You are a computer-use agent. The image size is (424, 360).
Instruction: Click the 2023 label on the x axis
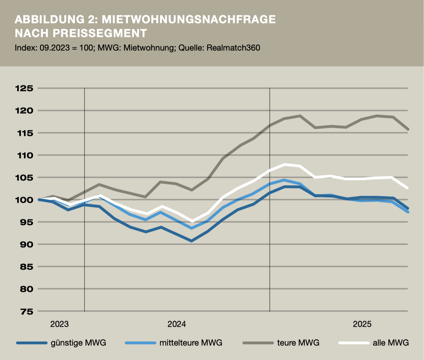click(x=59, y=324)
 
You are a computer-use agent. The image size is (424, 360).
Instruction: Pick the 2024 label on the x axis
click(x=177, y=324)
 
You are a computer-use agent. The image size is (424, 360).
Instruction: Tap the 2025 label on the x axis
click(x=362, y=324)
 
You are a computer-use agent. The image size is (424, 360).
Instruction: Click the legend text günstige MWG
click(x=78, y=343)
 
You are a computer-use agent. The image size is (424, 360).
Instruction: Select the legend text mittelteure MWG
click(x=191, y=343)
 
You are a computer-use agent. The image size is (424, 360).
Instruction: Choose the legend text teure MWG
click(x=298, y=343)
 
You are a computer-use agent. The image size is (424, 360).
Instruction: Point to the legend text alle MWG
click(x=391, y=343)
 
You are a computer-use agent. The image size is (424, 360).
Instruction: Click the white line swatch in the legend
click(x=354, y=343)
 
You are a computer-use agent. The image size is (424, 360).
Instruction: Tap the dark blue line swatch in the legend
click(x=32, y=343)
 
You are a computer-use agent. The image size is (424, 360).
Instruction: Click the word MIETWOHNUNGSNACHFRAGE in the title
click(x=189, y=19)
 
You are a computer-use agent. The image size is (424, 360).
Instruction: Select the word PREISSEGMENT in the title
click(x=100, y=33)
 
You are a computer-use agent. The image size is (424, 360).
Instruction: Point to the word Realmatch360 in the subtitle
click(x=233, y=48)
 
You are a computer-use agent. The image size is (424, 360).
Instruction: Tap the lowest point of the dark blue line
click(x=192, y=241)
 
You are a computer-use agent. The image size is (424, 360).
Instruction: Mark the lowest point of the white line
click(x=192, y=221)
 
